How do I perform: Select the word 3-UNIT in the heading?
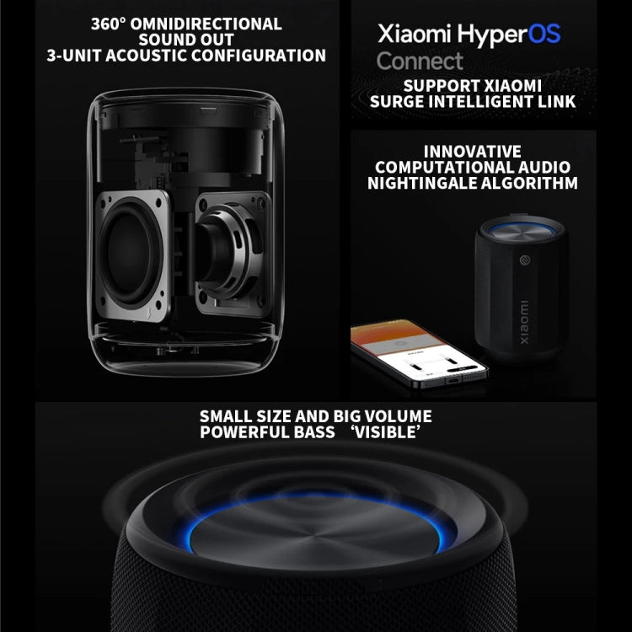coord(74,56)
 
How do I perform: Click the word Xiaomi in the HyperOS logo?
coord(413,35)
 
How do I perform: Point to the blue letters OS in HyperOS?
coord(543,35)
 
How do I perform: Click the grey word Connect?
coord(420,61)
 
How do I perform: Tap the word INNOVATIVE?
coord(472,152)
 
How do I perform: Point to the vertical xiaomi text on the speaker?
coord(522,320)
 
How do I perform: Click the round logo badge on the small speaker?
coord(523,260)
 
